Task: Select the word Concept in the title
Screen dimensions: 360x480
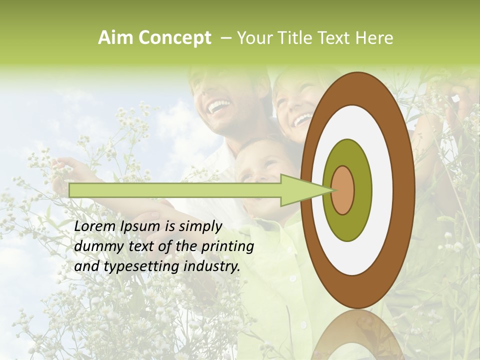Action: [175, 38]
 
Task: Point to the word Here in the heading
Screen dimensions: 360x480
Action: [374, 38]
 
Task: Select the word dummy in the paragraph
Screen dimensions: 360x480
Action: [94, 246]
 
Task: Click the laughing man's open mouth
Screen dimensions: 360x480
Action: [219, 105]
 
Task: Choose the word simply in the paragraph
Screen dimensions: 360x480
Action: [199, 226]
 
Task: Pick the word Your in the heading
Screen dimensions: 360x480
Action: [253, 38]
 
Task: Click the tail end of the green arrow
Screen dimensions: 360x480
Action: [71, 190]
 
